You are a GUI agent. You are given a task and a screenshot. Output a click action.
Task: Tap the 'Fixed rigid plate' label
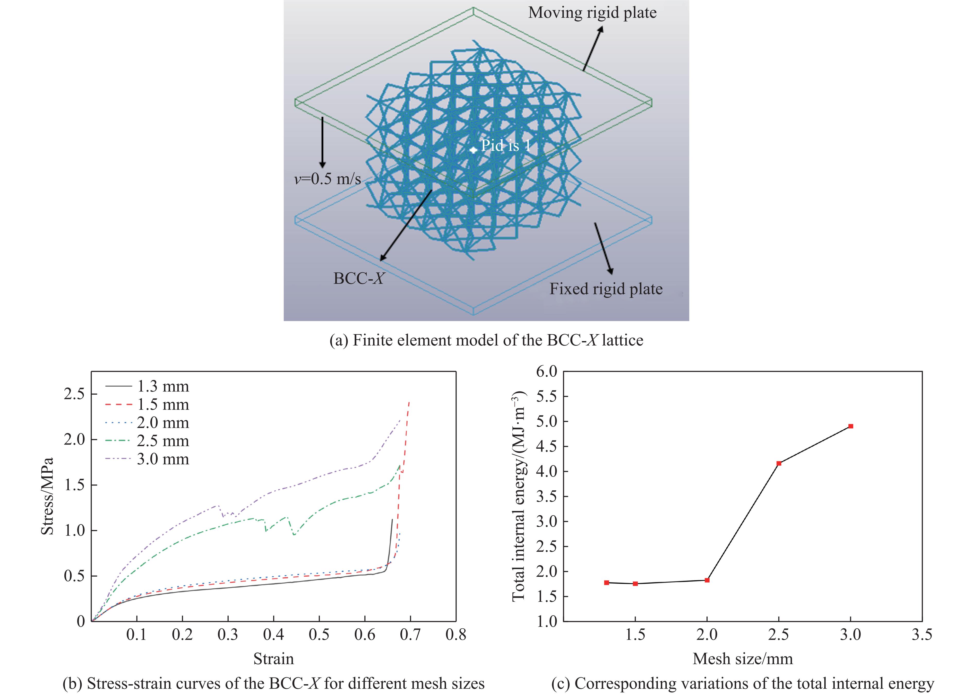pos(606,289)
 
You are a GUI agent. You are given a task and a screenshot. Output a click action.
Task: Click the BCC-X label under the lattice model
pos(358,279)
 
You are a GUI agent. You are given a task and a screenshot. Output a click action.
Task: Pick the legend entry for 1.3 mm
pos(148,386)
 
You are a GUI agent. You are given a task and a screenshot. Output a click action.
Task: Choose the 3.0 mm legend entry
pos(148,459)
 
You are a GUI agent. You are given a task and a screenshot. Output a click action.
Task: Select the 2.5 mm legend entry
pos(148,441)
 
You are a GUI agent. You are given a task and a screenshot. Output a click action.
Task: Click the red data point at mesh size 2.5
pos(779,463)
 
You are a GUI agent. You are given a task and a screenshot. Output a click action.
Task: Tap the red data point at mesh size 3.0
pos(850,426)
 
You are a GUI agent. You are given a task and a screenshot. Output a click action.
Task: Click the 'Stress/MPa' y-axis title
pos(47,496)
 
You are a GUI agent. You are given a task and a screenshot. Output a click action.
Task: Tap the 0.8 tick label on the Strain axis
pos(455,635)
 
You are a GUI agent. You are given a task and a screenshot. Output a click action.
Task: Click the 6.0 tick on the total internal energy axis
pos(547,371)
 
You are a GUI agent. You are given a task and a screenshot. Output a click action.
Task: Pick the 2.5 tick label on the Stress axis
pos(74,394)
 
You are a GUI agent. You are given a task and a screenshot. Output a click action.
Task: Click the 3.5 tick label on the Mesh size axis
pos(922,635)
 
